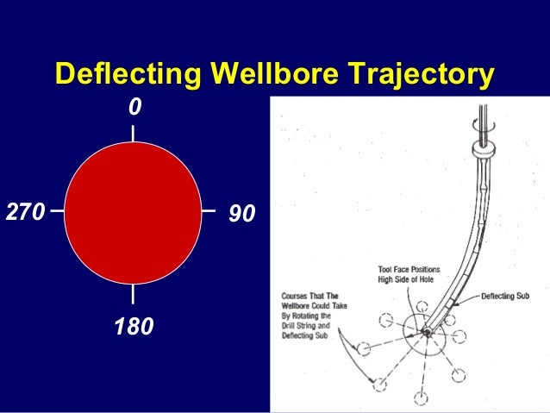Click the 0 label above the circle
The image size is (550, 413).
(x=134, y=109)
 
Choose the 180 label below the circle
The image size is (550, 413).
(x=134, y=328)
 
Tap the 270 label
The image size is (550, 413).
(x=24, y=212)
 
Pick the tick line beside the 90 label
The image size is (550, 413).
(x=208, y=209)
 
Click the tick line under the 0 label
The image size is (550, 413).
(x=133, y=133)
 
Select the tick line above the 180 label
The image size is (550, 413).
(x=133, y=293)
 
